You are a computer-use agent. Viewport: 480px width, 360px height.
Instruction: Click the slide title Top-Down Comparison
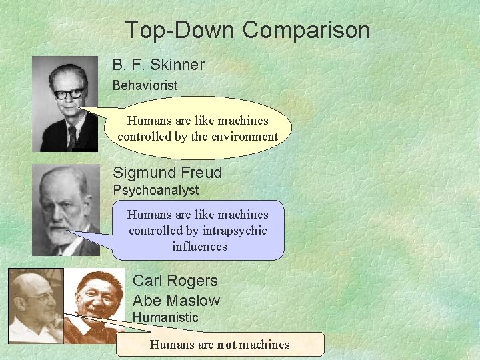[x=247, y=30]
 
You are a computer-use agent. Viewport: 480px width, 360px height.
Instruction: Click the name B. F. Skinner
[x=158, y=65]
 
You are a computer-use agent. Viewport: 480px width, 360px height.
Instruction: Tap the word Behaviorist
[x=145, y=85]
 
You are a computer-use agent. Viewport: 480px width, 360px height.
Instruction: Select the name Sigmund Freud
[x=167, y=173]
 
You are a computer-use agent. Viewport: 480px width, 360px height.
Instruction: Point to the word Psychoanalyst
[x=155, y=191]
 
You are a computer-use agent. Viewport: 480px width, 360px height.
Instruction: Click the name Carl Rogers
[x=175, y=281]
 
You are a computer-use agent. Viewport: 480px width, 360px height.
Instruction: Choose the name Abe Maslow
[x=176, y=301]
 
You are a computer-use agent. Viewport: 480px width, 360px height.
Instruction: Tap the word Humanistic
[x=165, y=317]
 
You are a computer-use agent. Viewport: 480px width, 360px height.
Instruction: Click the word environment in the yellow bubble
[x=243, y=137]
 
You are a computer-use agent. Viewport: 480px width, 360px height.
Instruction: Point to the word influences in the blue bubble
[x=199, y=247]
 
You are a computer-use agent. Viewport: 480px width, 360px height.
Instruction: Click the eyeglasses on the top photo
[x=69, y=93]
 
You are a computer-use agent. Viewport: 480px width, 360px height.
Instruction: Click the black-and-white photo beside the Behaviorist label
[x=65, y=104]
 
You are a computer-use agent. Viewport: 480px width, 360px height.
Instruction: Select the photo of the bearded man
[x=65, y=211]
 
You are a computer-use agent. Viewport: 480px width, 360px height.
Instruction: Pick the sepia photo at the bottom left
[x=35, y=305]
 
